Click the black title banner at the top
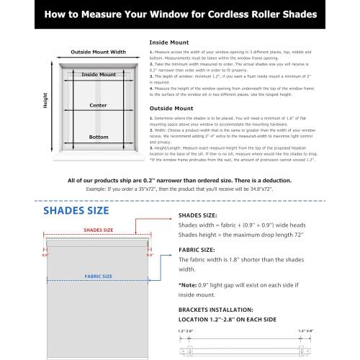tap(180, 13)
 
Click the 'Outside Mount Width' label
tap(98, 52)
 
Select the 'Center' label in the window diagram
tap(98, 104)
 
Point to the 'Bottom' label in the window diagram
tap(99, 136)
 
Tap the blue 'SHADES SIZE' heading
tap(78, 211)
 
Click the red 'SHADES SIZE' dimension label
tap(99, 230)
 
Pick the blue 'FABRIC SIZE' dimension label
tap(98, 276)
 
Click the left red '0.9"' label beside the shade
tap(45, 255)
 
